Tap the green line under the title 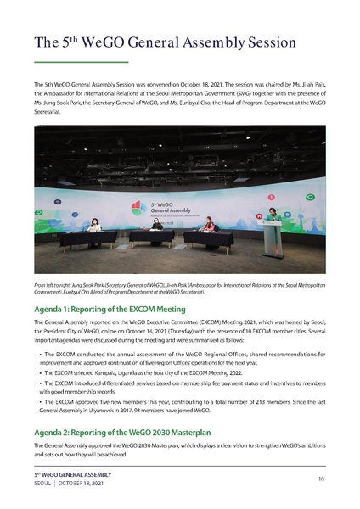(80, 63)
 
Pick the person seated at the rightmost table (207, 226)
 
